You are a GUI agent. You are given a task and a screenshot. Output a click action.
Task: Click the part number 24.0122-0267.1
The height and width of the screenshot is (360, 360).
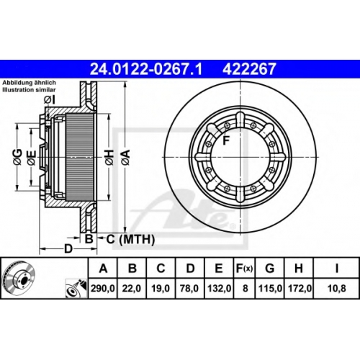tap(146, 69)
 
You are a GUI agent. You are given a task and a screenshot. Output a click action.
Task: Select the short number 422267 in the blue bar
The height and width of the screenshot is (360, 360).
tap(249, 69)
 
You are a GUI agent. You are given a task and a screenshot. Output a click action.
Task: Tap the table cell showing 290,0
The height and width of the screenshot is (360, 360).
tap(103, 288)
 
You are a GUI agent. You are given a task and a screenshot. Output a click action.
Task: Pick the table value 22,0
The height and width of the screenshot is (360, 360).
tap(132, 288)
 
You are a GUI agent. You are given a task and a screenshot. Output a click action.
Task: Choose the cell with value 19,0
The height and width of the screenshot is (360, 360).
tap(161, 288)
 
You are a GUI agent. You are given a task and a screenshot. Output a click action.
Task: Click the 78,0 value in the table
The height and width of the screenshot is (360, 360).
tap(189, 288)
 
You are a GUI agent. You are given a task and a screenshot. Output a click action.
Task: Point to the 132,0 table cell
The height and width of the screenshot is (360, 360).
tap(219, 288)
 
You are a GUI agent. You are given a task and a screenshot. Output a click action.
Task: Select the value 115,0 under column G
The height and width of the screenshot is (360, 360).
tap(270, 288)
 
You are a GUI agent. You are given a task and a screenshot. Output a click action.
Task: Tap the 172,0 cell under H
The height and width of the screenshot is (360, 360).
tap(300, 288)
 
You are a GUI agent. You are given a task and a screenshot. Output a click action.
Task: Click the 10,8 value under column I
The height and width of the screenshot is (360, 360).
tap(336, 288)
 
